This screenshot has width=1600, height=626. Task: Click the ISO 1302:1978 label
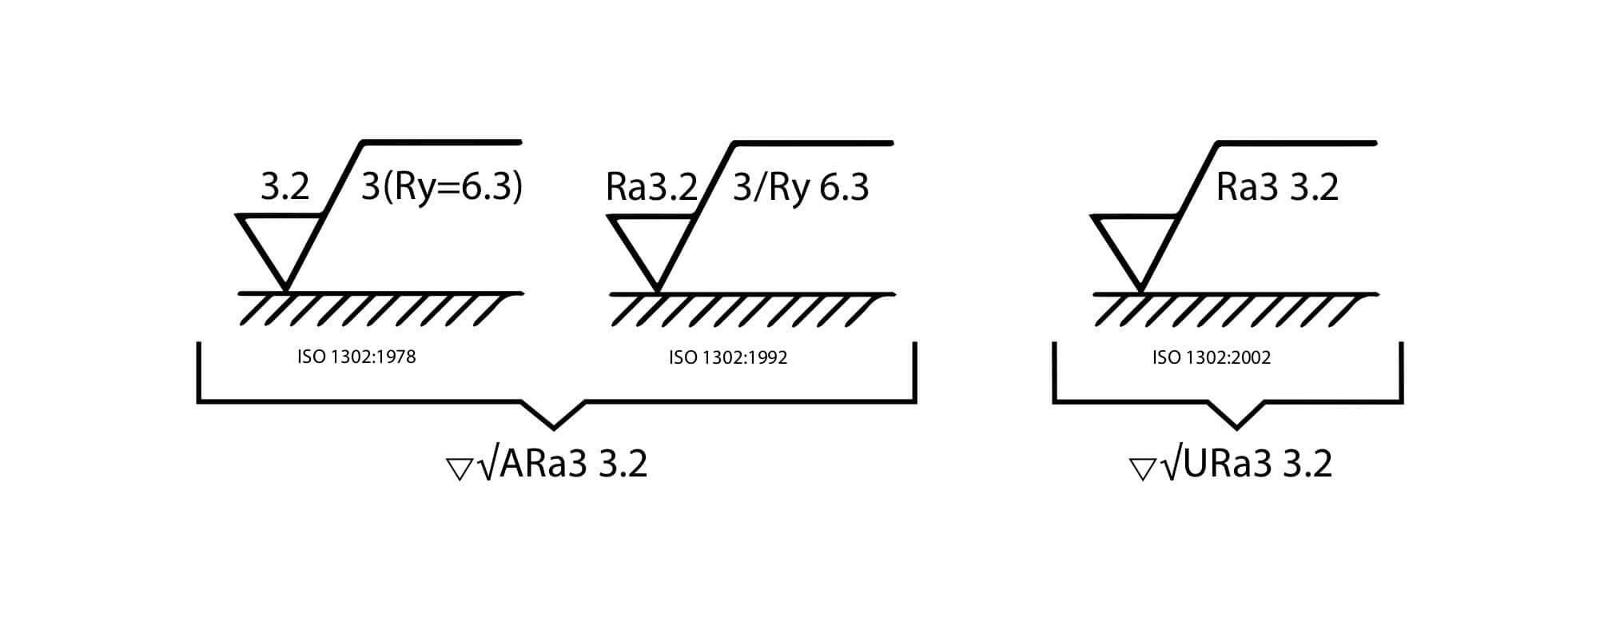pos(356,357)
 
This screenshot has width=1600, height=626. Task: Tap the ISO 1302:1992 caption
pos(728,357)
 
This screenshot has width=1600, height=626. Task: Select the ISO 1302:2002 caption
pos(1212,357)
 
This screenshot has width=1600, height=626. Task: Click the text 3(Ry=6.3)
pos(442,188)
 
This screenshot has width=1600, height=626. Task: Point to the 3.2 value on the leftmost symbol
pos(285,188)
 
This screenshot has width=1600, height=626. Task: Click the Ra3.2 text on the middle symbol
pos(652,188)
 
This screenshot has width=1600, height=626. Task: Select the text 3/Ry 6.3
pos(801,189)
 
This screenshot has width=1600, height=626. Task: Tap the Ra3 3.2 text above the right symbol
pos(1277,188)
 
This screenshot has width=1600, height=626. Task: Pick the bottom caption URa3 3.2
pos(1258,464)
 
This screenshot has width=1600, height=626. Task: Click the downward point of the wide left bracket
pos(554,428)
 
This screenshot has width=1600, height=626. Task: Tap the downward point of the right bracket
pos(1236,427)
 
